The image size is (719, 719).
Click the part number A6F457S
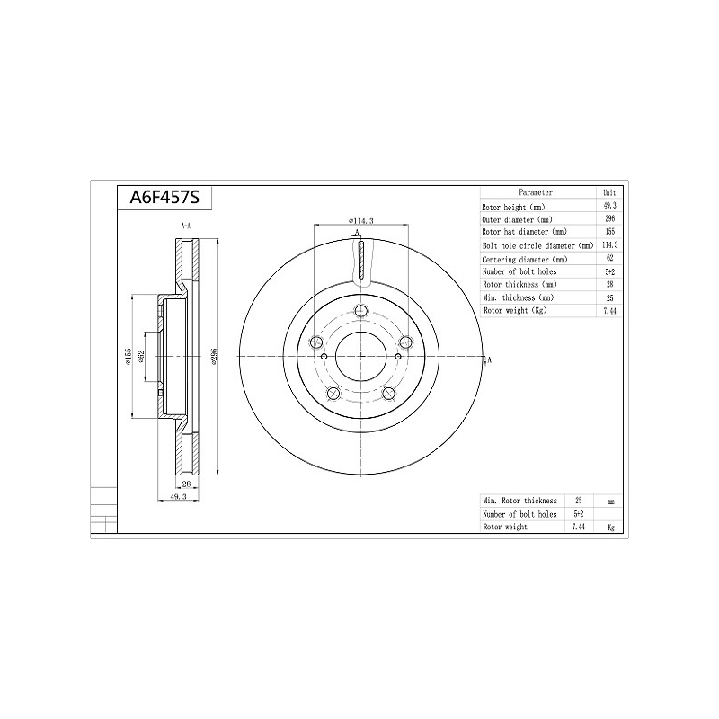pyautogui.click(x=164, y=198)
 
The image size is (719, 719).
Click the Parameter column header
pyautogui.click(x=536, y=192)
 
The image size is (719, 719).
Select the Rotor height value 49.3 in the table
pyautogui.click(x=610, y=206)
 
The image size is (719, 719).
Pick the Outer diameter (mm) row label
pyautogui.click(x=518, y=219)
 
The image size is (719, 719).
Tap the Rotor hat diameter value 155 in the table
pyautogui.click(x=610, y=232)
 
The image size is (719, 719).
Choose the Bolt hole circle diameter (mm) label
pyautogui.click(x=537, y=245)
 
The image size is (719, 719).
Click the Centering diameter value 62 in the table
pyautogui.click(x=610, y=258)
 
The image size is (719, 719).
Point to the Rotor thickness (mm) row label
pyautogui.click(x=519, y=285)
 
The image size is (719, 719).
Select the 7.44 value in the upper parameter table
pyautogui.click(x=610, y=311)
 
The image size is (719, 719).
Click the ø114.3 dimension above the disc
pyautogui.click(x=361, y=220)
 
